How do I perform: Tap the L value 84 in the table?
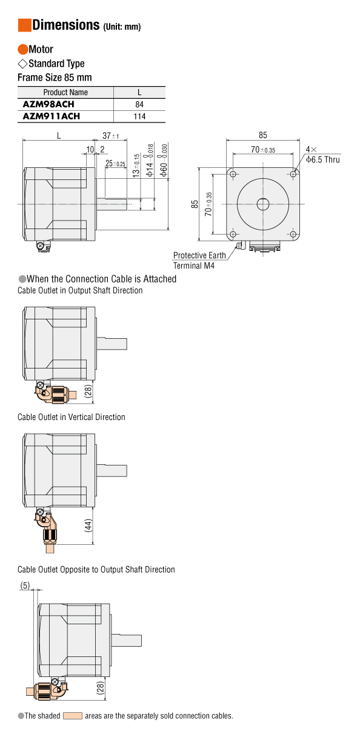click(x=139, y=104)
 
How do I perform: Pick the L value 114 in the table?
click(x=139, y=116)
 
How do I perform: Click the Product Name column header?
click(x=65, y=93)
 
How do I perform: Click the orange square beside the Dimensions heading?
click(x=24, y=25)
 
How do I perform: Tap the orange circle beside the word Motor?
click(x=23, y=49)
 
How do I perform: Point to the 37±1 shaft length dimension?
click(x=110, y=136)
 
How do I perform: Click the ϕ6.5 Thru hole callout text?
click(x=323, y=159)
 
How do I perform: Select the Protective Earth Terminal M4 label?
click(x=199, y=260)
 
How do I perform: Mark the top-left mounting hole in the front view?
click(x=233, y=174)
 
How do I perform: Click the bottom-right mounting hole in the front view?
click(x=293, y=235)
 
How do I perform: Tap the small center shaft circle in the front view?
click(x=263, y=204)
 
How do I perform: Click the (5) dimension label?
click(x=25, y=585)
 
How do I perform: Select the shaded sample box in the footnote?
click(x=72, y=716)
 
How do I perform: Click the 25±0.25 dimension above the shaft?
click(x=115, y=163)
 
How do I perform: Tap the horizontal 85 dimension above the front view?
click(x=263, y=135)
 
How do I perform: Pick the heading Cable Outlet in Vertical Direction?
click(x=72, y=417)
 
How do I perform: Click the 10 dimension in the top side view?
click(x=90, y=149)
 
